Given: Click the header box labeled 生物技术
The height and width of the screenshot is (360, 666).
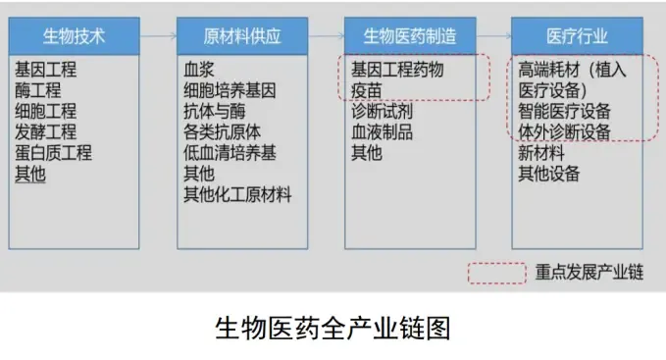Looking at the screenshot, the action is point(74,36).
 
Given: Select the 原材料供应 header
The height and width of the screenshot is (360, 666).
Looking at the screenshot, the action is point(242,36).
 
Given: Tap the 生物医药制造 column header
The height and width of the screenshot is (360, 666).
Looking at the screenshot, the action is point(410,36).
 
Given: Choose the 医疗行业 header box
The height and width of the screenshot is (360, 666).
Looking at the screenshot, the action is point(577,36).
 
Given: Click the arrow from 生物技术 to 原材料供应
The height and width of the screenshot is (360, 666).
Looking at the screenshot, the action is point(158,36).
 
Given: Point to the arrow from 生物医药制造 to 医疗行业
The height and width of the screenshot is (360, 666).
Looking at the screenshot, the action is point(493,36).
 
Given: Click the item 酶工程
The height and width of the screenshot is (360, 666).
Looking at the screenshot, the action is point(38,90).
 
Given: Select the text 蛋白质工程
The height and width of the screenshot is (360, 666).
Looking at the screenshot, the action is point(53,153).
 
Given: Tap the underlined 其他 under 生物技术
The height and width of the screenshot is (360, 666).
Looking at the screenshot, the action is point(30,174).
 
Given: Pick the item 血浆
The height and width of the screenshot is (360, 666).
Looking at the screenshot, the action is point(199,70).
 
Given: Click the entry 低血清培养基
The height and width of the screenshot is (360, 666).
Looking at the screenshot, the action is point(230,153).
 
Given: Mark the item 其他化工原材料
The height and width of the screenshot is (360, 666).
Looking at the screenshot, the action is point(237,195).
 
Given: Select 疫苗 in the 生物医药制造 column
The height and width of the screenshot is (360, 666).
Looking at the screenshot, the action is point(367,90).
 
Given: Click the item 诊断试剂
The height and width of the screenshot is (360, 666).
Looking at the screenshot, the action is point(382,111).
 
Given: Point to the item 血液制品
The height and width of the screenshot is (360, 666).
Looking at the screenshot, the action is point(382,132).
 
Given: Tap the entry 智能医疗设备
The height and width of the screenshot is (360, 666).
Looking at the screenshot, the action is point(564,111).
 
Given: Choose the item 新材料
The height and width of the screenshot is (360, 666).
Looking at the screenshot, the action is point(541,153).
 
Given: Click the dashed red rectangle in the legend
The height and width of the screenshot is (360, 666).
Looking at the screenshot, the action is point(497,264).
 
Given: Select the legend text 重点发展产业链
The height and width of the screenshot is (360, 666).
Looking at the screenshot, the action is point(589,272).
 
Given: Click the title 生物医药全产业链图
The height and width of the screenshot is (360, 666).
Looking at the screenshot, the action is point(333,329).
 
